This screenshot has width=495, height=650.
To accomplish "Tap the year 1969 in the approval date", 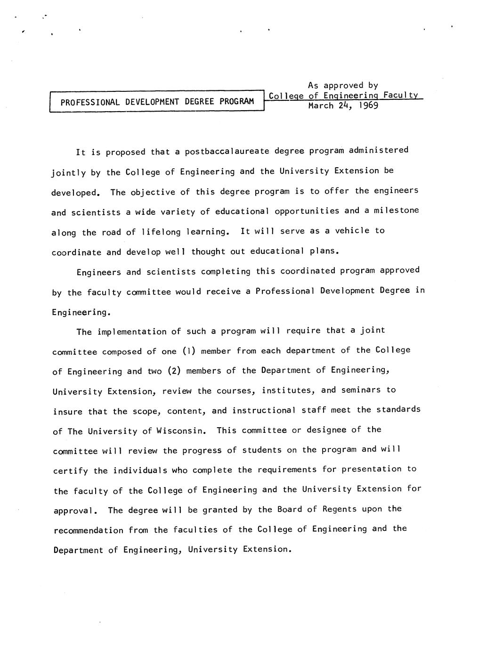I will (x=368, y=106).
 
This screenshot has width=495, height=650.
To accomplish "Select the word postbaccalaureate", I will (x=227, y=151).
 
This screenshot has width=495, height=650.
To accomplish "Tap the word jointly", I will (x=69, y=172).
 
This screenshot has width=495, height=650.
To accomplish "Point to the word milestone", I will (x=396, y=211).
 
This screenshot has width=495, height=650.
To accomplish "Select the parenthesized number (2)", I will (x=174, y=371).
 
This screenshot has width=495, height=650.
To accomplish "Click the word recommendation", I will (x=89, y=530).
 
